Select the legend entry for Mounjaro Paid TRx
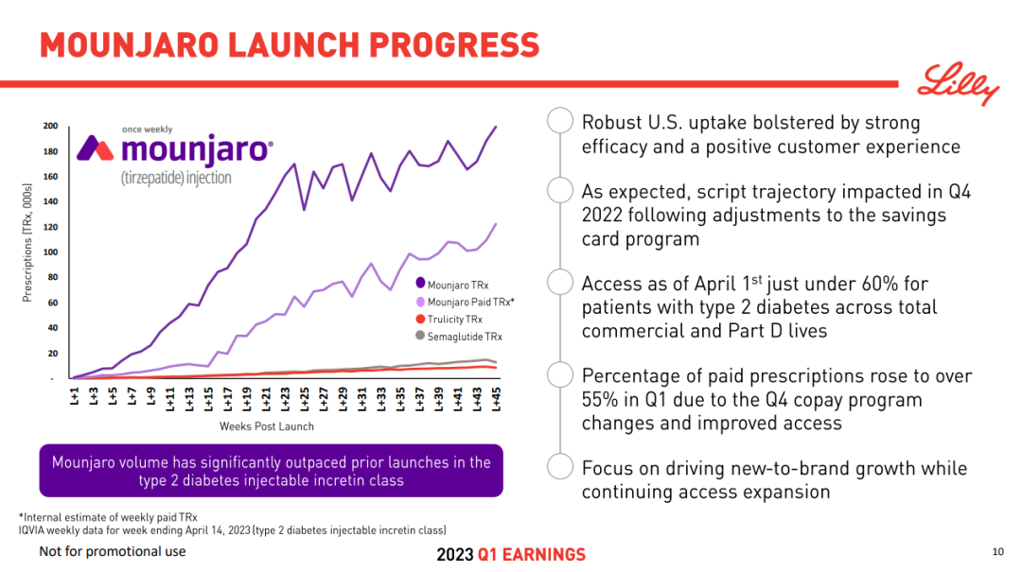point(469,301)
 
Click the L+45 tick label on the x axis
point(496,399)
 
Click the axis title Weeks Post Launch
point(267,426)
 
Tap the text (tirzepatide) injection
point(175,177)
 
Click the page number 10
point(997,552)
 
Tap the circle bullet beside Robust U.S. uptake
point(560,121)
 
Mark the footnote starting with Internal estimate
point(109,517)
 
